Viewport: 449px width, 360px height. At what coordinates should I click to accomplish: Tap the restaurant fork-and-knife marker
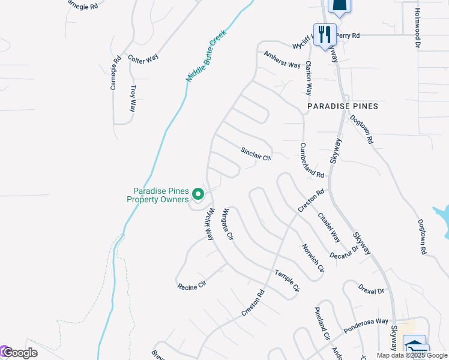point(325,34)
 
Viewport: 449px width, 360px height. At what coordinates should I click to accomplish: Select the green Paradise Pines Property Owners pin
point(198,194)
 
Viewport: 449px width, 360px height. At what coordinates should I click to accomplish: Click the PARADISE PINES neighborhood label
point(343,106)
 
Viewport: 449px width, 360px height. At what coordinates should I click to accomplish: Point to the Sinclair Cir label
point(256,154)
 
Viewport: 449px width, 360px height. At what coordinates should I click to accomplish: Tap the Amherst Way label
point(282,59)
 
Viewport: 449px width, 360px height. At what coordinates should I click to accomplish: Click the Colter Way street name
point(143,58)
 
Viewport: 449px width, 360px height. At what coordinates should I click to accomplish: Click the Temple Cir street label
point(287,281)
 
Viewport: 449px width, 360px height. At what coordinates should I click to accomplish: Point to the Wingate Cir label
point(228,224)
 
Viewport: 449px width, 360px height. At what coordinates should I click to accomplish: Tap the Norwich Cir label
point(313,257)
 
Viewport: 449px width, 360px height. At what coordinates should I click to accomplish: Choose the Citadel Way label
point(329,227)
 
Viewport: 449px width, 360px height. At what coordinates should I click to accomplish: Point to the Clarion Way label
point(309,79)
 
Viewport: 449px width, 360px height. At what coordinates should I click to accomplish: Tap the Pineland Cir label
point(322,325)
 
